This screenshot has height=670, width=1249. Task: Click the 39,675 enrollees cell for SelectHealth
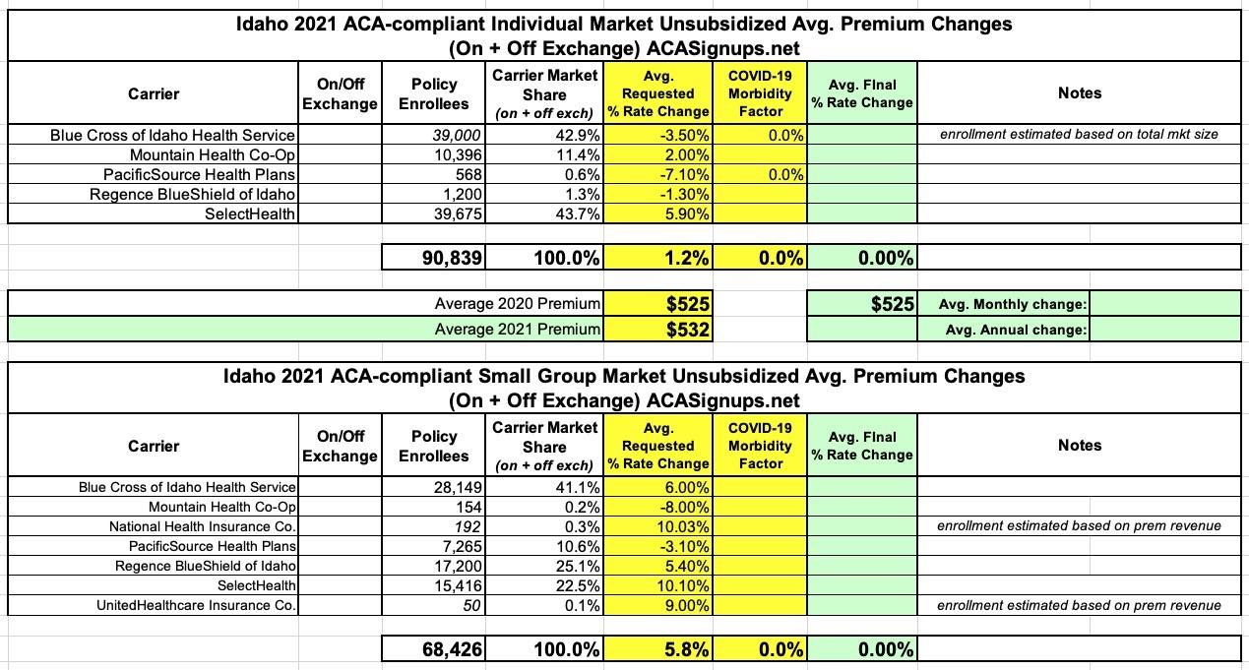[456, 213]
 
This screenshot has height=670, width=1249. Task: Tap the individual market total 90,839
[449, 258]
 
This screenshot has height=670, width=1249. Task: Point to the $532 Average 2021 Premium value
[688, 330]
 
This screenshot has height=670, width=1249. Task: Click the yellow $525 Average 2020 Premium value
[688, 304]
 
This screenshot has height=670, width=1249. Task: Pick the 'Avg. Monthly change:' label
[1015, 304]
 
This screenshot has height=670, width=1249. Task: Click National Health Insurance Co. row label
[203, 526]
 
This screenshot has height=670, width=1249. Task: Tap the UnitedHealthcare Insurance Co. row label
[197, 605]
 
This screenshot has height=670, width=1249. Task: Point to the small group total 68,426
[449, 649]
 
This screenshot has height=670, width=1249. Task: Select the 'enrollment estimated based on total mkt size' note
[1079, 135]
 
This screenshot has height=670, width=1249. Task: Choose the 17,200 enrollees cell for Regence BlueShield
[457, 566]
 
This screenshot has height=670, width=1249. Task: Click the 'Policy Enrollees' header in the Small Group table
[434, 446]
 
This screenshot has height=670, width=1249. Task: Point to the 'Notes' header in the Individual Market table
[1080, 92]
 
